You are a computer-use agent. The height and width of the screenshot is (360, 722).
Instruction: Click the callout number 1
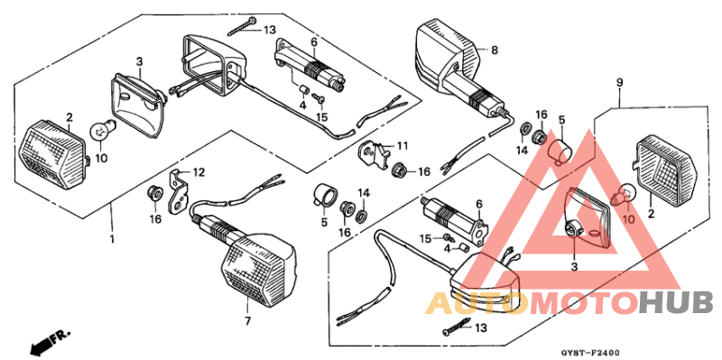tap(111, 239)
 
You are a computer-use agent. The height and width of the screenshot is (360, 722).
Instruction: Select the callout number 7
tap(247, 321)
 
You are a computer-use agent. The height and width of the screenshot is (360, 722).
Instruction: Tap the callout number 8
tap(494, 50)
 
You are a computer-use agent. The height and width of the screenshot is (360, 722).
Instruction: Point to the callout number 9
tap(619, 83)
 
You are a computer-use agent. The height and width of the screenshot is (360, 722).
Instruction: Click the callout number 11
tap(403, 146)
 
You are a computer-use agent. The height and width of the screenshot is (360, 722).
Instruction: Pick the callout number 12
tap(199, 172)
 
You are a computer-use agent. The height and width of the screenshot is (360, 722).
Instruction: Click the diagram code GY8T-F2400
tap(590, 353)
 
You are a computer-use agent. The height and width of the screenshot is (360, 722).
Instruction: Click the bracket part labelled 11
tap(374, 154)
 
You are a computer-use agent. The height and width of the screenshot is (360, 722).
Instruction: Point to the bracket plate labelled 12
tap(180, 193)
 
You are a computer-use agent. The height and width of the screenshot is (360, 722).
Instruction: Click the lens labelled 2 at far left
tap(53, 154)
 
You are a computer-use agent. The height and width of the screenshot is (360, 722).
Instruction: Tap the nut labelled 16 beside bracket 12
tap(153, 192)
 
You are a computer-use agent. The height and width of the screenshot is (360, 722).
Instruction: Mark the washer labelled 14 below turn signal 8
tap(525, 127)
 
